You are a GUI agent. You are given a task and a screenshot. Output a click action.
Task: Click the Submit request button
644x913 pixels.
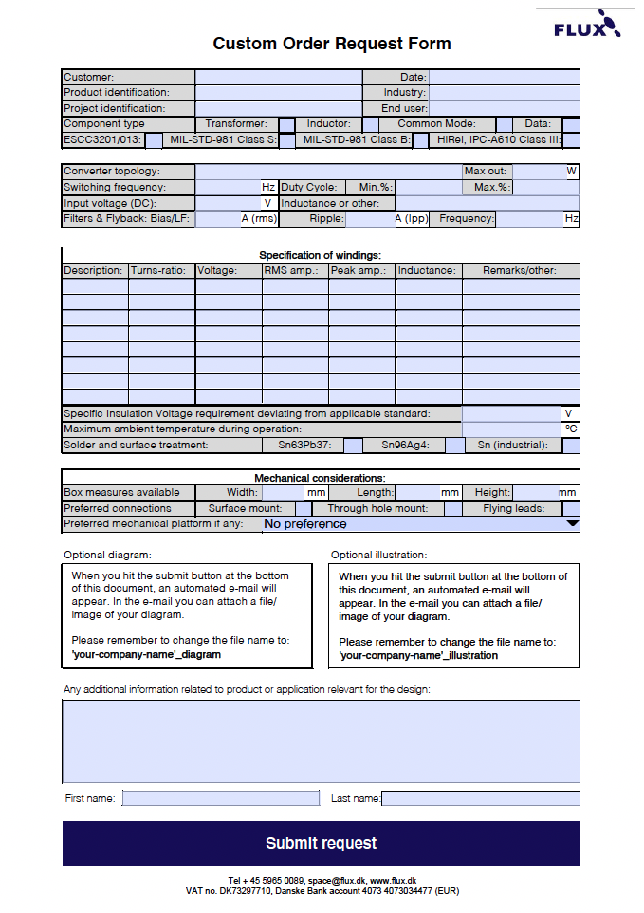(x=321, y=843)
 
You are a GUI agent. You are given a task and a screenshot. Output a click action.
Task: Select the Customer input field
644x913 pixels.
(x=278, y=77)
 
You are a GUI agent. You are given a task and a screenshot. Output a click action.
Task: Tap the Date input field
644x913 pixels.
(x=504, y=77)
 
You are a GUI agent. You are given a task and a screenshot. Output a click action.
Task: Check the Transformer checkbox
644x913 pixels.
(x=286, y=124)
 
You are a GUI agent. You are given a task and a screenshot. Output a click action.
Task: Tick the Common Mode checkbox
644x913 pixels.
(x=504, y=124)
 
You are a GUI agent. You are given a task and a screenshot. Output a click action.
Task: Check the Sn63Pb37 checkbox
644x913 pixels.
(x=353, y=445)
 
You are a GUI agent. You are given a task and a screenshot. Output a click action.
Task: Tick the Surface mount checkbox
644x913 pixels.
(x=303, y=508)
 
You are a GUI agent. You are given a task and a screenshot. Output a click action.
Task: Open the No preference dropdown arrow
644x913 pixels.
(x=572, y=523)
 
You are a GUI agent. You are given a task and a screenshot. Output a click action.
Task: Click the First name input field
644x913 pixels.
(x=221, y=798)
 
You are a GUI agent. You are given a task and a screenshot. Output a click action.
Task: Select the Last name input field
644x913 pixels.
(x=480, y=798)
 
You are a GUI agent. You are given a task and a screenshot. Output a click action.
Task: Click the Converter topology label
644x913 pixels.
(x=112, y=172)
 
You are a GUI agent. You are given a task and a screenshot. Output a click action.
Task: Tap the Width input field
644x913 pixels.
(x=282, y=492)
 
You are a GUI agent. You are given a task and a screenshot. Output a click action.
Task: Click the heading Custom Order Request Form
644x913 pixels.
(x=332, y=44)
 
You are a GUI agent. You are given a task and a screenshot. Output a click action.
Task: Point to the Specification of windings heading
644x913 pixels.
(x=321, y=255)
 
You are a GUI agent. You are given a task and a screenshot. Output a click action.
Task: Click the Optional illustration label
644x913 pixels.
(x=378, y=555)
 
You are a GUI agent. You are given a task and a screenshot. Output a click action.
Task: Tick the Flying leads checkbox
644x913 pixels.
(x=570, y=508)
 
